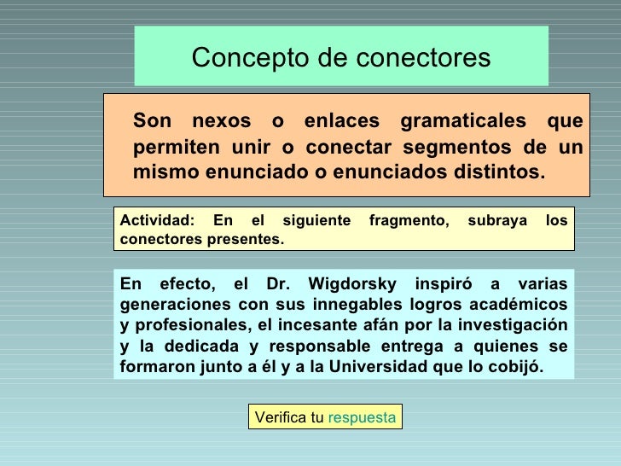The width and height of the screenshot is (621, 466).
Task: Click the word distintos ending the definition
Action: [497, 172]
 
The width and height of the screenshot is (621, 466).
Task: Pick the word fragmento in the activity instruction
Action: [409, 221]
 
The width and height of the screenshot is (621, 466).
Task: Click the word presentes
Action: [244, 240]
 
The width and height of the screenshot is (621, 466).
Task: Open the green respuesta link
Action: [362, 417]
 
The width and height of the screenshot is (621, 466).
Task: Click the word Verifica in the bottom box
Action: [281, 417]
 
